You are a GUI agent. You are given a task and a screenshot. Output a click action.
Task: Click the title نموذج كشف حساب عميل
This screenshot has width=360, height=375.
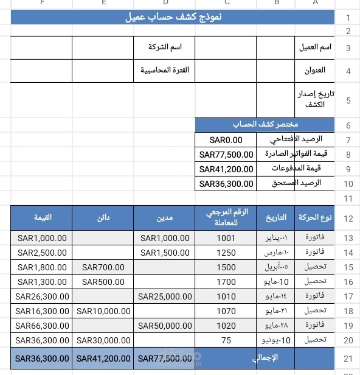[172, 18]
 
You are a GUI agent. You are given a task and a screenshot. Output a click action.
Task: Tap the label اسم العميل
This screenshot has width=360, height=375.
[317, 47]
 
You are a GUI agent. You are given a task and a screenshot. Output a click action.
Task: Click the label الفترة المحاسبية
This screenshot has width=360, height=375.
[165, 70]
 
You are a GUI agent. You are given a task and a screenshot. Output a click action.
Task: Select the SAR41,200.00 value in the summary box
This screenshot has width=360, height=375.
[226, 169]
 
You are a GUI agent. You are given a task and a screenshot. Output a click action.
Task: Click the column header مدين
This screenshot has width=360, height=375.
[164, 217]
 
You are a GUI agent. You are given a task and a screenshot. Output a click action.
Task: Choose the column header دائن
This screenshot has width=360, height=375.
[103, 217]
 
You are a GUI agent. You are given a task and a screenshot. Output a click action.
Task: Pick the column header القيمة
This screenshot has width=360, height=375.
[42, 217]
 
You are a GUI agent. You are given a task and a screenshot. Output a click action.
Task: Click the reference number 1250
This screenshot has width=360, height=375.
[226, 253]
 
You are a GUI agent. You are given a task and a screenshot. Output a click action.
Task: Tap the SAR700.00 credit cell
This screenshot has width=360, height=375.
[103, 267]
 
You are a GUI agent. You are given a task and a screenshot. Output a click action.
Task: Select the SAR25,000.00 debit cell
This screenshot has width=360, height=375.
[164, 296]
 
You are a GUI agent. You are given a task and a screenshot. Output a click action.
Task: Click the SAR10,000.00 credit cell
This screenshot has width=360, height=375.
[103, 311]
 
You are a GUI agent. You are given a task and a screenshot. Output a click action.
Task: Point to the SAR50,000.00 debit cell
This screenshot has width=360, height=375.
[164, 326]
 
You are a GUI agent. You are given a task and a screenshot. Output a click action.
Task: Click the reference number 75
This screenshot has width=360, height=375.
[226, 340]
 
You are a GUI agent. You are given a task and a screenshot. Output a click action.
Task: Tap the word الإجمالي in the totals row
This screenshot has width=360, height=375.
[264, 358]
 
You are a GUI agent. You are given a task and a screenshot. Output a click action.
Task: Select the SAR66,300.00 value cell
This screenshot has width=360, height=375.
[42, 326]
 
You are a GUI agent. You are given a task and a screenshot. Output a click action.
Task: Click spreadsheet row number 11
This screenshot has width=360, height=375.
[348, 198]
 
